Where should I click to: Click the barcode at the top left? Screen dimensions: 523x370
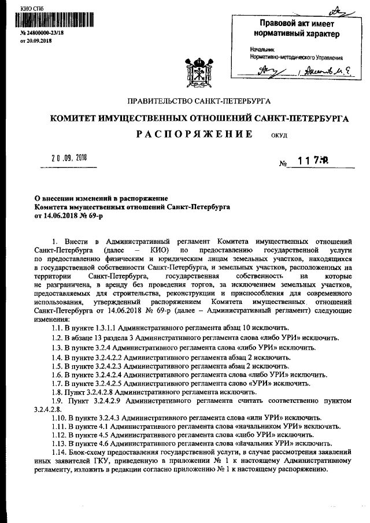pos(40,24)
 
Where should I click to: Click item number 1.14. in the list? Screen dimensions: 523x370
pos(60,451)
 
